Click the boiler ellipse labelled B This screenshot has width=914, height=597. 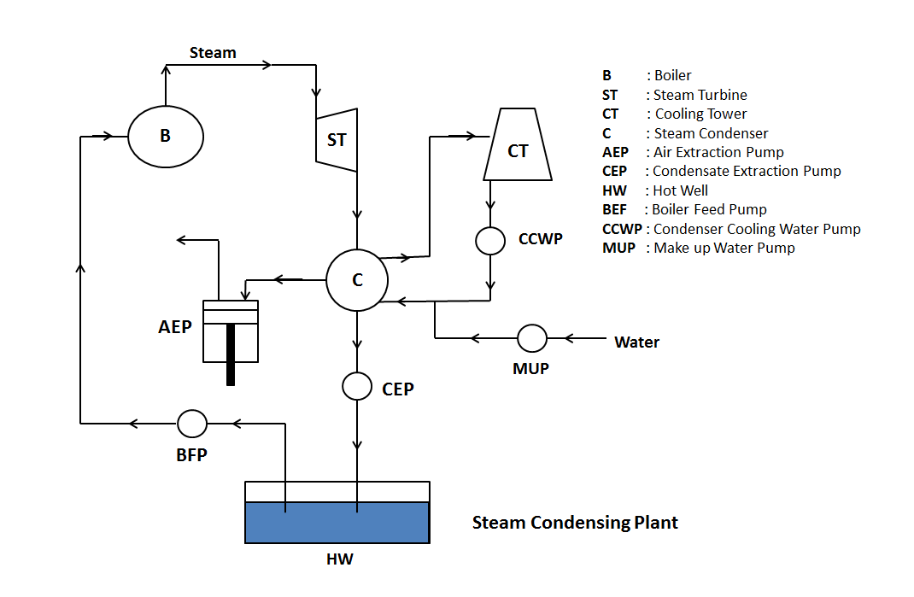[x=166, y=136]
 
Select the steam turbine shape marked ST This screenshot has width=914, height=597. [x=337, y=138]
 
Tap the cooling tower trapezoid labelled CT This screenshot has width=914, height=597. [x=518, y=149]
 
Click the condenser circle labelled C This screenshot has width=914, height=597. [x=357, y=280]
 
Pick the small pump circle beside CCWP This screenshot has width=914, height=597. [x=490, y=240]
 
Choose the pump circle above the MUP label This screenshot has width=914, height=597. [x=532, y=338]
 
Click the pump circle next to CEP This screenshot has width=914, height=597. [x=357, y=386]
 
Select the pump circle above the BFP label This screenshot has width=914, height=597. [x=191, y=423]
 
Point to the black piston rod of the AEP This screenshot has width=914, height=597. [x=231, y=354]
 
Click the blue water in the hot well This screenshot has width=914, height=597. [x=337, y=523]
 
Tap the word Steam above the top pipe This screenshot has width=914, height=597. [x=213, y=53]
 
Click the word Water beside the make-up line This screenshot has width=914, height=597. [x=637, y=342]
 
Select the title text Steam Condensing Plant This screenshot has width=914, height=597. [x=575, y=523]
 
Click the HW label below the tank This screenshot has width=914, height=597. [x=339, y=560]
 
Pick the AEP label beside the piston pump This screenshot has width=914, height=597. [x=175, y=327]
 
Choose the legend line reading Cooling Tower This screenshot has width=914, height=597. [x=700, y=114]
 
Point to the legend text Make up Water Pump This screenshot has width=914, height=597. [x=724, y=248]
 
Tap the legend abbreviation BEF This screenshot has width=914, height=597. [x=614, y=209]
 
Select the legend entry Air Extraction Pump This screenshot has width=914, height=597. [x=718, y=152]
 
